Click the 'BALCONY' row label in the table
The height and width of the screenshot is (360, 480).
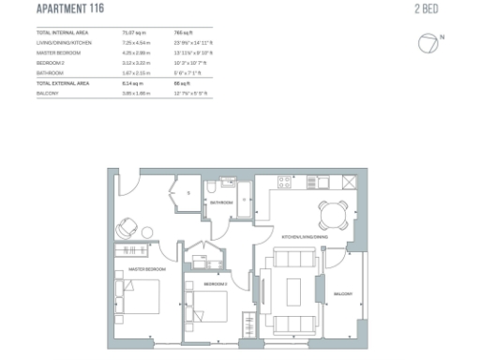(46, 93)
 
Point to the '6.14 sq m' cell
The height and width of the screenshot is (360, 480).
(135, 83)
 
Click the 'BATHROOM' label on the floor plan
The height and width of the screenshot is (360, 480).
(222, 202)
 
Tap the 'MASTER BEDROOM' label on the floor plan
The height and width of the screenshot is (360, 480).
(137, 271)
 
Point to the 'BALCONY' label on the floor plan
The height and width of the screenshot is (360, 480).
(343, 294)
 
